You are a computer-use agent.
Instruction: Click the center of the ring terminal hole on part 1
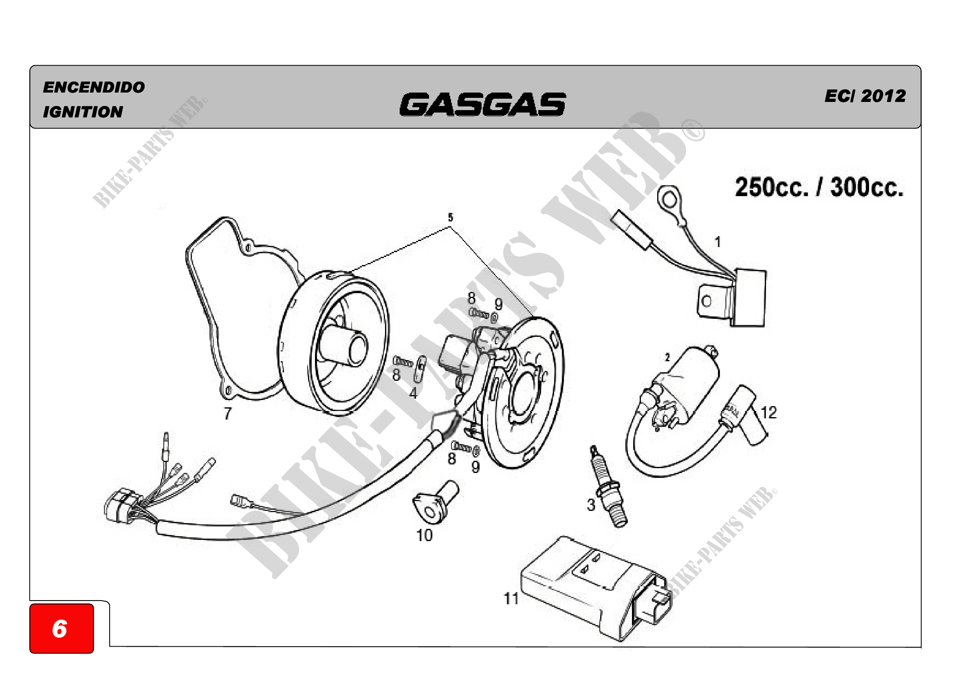click(x=669, y=200)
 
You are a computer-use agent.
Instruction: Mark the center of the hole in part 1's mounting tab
click(x=706, y=301)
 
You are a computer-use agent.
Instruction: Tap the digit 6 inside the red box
click(x=60, y=628)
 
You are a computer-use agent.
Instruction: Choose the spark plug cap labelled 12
click(x=746, y=415)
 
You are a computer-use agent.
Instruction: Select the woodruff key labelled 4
click(x=420, y=368)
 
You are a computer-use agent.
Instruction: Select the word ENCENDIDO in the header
click(x=94, y=87)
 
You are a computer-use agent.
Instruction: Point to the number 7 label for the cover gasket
click(x=227, y=413)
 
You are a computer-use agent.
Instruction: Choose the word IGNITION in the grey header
click(x=83, y=112)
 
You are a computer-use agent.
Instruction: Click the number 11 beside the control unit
click(x=511, y=599)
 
